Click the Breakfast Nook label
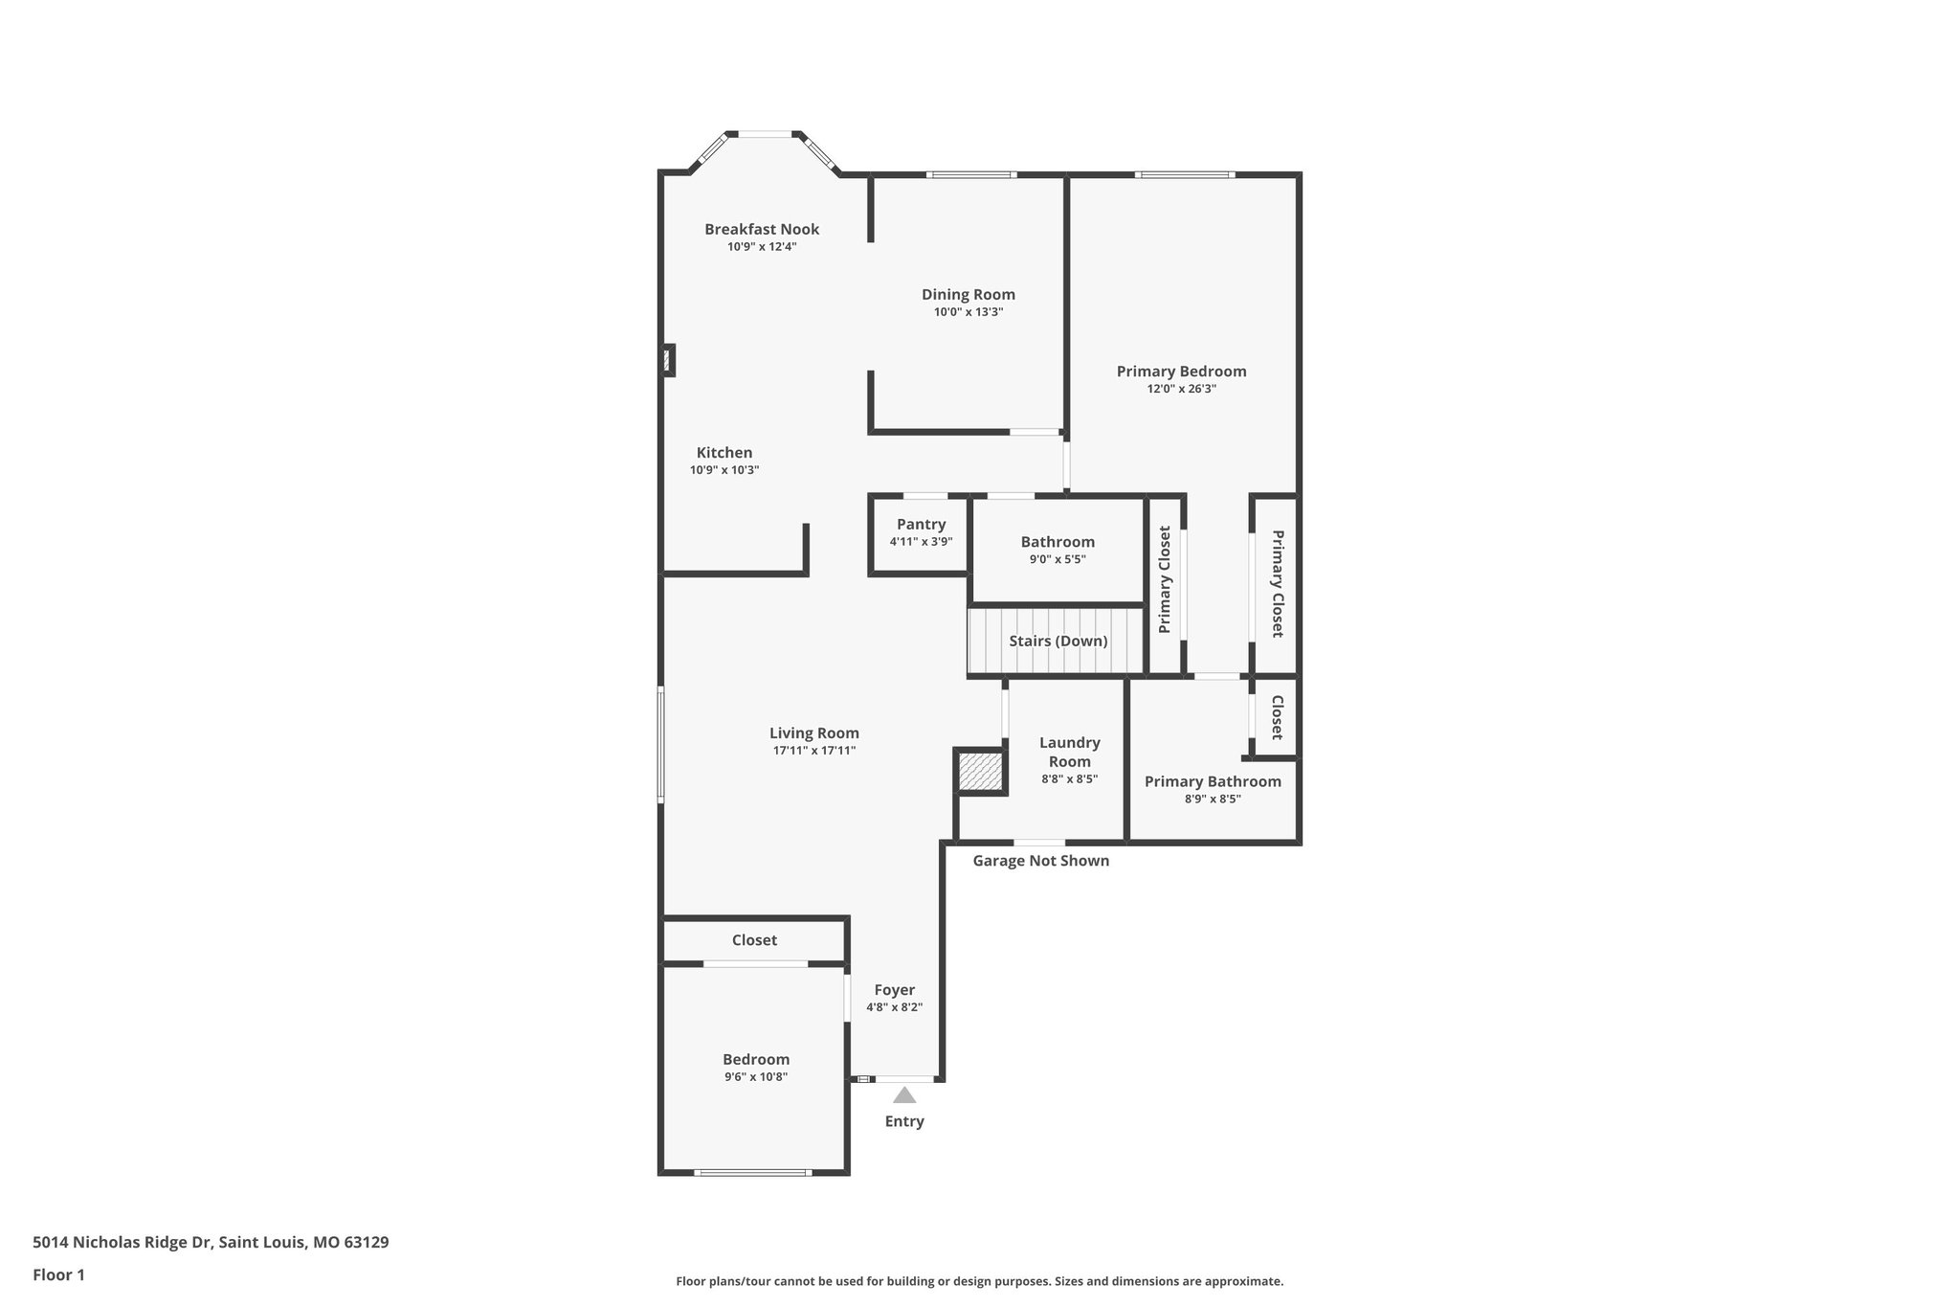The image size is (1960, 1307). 762,229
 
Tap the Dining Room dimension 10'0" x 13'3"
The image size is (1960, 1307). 969,312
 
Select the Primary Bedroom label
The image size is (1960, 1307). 1181,372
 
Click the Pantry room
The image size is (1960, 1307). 921,533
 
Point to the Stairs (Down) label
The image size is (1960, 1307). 1058,641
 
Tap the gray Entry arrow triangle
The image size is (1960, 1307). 904,1095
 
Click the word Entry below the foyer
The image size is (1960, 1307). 904,1121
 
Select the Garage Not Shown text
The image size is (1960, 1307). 1040,861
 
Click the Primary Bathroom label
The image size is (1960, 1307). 1213,781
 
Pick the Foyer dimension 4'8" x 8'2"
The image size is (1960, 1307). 894,1007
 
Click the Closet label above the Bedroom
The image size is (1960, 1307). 754,940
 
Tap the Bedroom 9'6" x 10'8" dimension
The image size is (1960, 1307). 756,1076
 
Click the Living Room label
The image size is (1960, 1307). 813,733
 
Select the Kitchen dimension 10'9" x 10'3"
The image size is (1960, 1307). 724,470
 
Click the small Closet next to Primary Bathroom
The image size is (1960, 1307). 1277,717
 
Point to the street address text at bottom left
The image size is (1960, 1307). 211,1243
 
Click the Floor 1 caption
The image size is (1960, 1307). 59,1274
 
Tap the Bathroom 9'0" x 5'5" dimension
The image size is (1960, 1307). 1058,559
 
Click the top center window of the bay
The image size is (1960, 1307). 765,134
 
